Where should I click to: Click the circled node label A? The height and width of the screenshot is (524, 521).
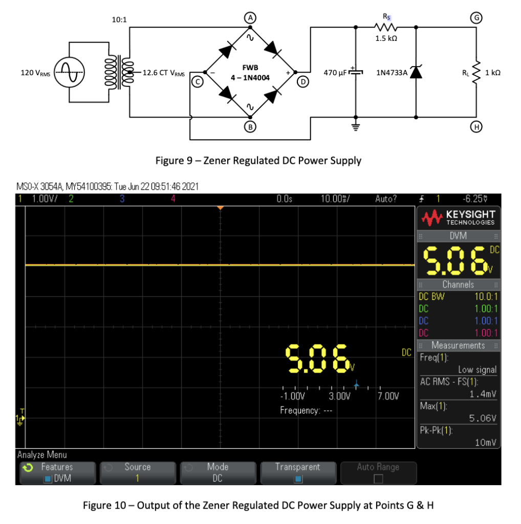point(250,17)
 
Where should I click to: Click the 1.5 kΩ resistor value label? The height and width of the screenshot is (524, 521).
point(385,38)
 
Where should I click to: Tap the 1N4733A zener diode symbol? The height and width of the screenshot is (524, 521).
point(416,73)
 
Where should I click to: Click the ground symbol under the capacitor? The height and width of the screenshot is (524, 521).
point(355,127)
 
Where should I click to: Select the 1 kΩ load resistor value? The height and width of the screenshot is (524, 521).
point(492,73)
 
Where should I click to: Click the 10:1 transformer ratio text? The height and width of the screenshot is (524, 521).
point(119,20)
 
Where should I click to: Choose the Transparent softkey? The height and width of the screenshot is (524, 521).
point(298,472)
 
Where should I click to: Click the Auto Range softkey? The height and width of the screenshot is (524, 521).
point(378,472)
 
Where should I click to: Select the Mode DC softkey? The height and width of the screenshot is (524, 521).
point(218,472)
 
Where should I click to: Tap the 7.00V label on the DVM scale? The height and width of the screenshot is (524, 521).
point(388,396)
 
